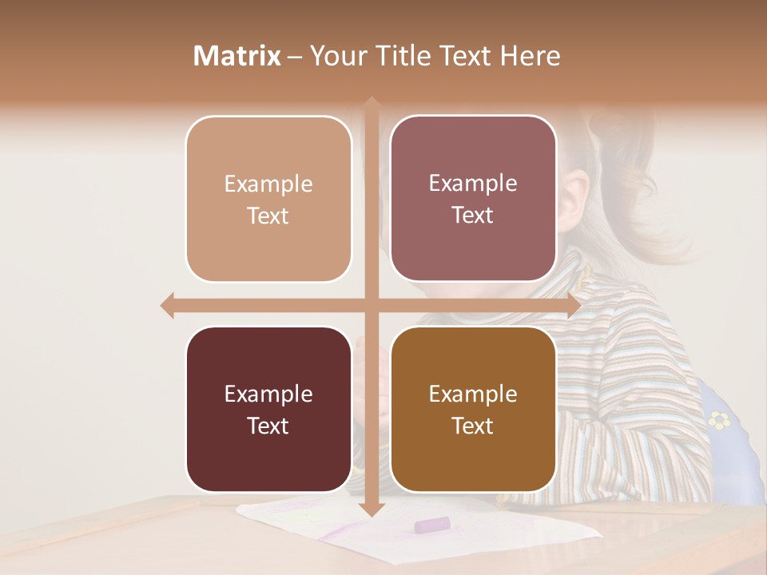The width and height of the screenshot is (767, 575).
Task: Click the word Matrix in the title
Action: [x=236, y=56]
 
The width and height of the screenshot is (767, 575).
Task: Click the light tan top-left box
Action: [x=268, y=199]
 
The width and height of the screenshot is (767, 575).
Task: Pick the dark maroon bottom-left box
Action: [x=268, y=409]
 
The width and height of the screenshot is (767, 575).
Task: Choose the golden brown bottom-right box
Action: [x=473, y=409]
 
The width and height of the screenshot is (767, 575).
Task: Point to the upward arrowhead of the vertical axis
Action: [x=371, y=105]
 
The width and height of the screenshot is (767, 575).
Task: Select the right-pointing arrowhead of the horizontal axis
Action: [x=573, y=305]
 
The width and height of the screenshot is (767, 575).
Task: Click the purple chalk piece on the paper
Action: [x=431, y=525]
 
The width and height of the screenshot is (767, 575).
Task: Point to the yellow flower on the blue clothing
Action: [x=720, y=419]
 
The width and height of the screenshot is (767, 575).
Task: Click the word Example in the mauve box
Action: [x=473, y=183]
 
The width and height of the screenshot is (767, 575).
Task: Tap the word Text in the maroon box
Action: [x=268, y=426]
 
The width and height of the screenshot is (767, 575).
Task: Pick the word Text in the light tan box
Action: [x=268, y=216]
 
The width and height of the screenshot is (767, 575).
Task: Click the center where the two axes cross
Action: [x=371, y=305]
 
